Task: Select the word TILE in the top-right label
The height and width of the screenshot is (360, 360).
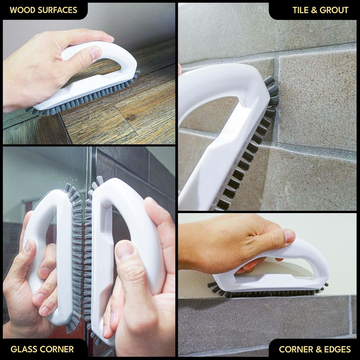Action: click(x=300, y=10)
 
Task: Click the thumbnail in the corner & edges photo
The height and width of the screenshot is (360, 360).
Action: click(x=289, y=236)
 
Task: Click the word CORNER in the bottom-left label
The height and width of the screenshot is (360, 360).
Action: click(x=57, y=349)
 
